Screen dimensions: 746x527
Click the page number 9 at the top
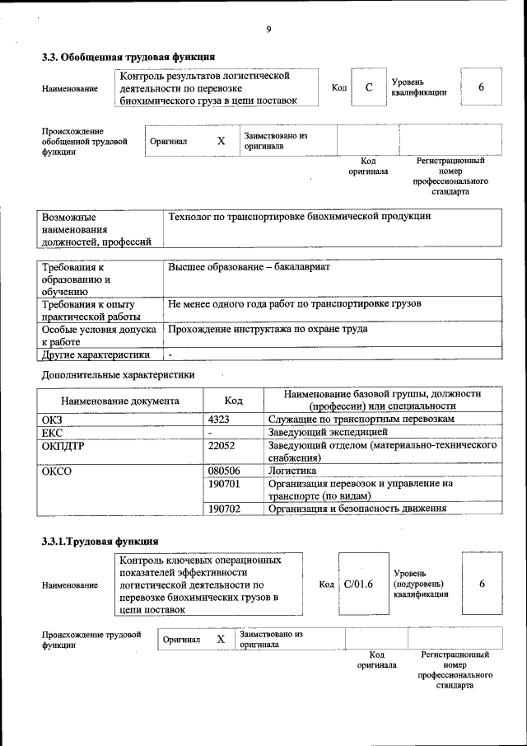[268, 30]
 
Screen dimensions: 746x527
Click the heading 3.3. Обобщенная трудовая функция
[128, 58]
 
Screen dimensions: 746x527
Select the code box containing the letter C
[370, 87]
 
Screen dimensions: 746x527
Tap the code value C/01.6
[358, 584]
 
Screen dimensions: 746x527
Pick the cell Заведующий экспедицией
[327, 432]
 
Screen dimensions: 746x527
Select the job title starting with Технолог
[299, 216]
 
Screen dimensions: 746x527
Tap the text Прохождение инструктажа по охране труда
[268, 329]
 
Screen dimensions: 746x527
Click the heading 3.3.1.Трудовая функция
[100, 542]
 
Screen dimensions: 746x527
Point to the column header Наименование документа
[119, 401]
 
